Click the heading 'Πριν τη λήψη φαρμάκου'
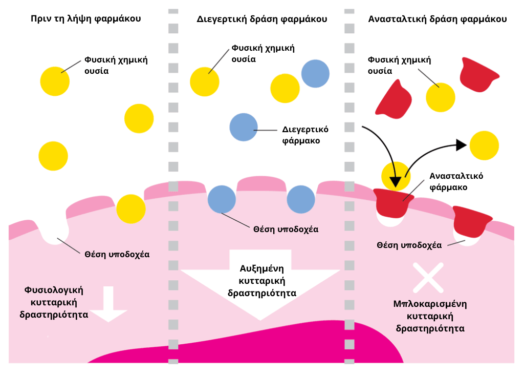pos(85,19)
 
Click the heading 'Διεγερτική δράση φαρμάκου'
pos(261,19)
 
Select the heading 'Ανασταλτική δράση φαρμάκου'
pos(437,19)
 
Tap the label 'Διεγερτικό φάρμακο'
pos(305,135)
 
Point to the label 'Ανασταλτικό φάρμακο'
pos(456,181)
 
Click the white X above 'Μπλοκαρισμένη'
pos(428,277)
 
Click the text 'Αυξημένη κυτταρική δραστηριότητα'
pos(261,281)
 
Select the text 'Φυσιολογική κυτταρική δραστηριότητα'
pos(54,302)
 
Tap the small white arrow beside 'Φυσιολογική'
pos(108,304)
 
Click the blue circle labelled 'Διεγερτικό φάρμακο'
pos(244,127)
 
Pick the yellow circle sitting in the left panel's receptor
pos(131,209)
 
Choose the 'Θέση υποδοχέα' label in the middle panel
pos(286,229)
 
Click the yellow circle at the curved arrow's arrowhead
pos(484,145)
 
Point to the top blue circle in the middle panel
pos(315,74)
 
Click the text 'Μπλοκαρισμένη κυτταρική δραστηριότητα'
pos(430,316)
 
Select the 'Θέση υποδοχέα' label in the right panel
pos(409,245)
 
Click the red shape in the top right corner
pos(478,75)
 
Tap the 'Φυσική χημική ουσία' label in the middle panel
pos(263,53)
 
